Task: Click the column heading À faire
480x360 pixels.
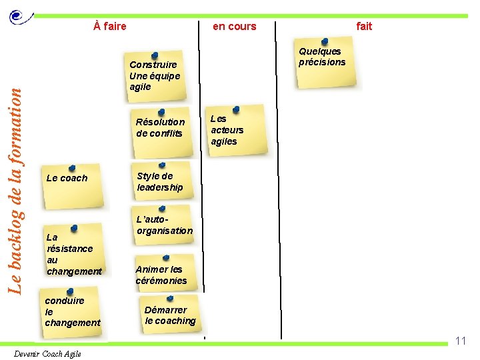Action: pos(110,27)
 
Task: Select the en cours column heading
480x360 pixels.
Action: pos(234,27)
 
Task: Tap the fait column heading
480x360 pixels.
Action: pos(364,27)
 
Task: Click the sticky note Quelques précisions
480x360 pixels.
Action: pos(327,64)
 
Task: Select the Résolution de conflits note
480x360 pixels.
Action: pos(161,127)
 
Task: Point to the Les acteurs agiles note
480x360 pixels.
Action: pos(235,131)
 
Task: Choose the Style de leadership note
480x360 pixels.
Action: pos(163,182)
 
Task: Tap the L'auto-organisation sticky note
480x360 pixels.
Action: pos(164,226)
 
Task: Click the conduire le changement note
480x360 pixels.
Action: pos(72,311)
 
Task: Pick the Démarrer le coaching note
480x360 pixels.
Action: pos(171,315)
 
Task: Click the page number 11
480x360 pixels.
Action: pos(460,341)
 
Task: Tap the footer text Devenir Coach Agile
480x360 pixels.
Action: pos(47,353)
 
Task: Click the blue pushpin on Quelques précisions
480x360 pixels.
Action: pos(324,42)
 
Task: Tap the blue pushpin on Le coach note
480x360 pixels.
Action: pos(72,168)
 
